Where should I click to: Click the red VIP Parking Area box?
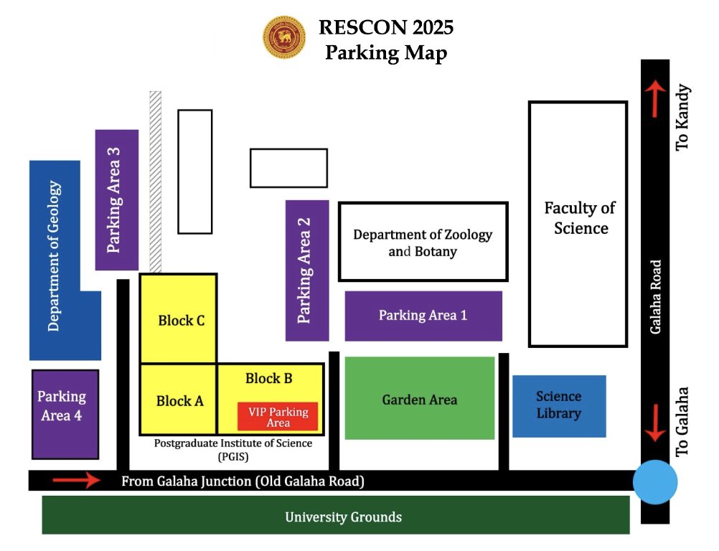278,417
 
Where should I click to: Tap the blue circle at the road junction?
655,482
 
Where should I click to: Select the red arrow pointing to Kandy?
655,99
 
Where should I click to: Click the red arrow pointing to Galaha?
655,423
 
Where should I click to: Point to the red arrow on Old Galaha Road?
78,480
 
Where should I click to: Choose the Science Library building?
559,406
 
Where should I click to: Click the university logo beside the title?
284,37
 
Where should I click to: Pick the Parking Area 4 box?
65,414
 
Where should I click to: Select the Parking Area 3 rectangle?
116,199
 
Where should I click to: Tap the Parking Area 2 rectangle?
307,270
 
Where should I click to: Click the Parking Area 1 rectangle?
423,316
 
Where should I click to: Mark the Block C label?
181,321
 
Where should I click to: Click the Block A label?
179,401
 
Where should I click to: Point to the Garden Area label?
419,400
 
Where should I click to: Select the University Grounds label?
343,517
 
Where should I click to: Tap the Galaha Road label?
655,296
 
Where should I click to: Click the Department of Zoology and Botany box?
423,242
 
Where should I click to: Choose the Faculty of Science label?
581,218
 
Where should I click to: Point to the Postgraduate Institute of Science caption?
232,449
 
